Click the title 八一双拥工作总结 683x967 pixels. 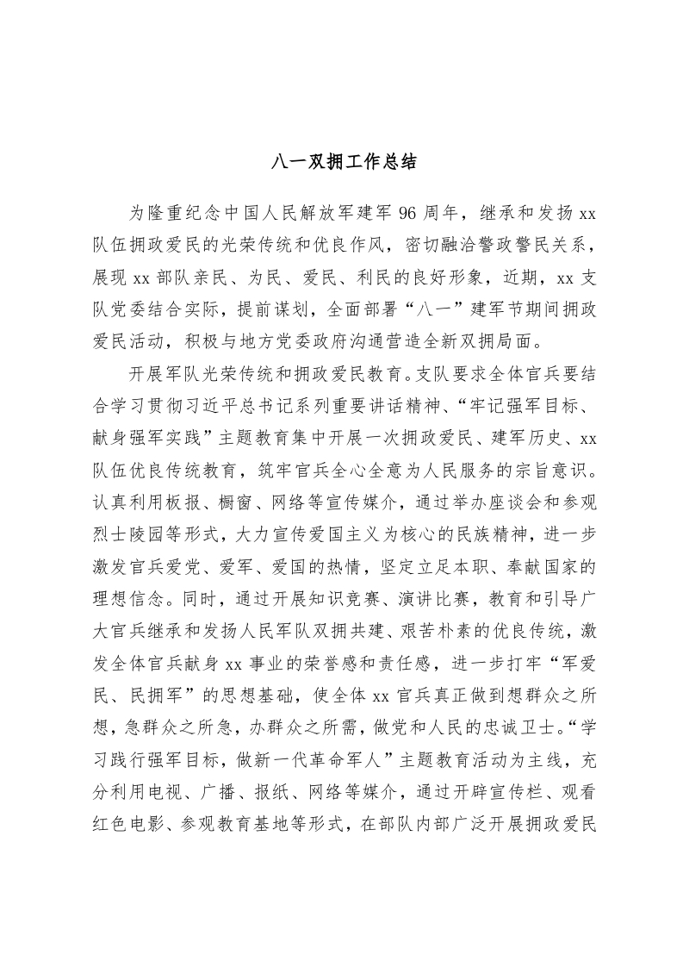tap(342, 162)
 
